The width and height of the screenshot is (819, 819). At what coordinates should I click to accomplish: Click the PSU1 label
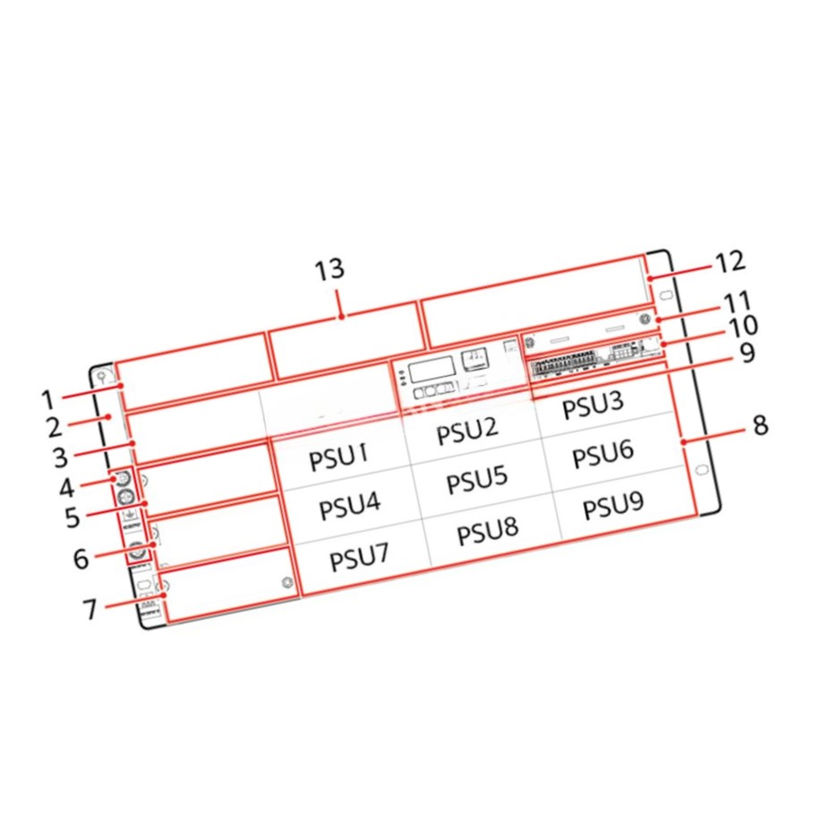338,457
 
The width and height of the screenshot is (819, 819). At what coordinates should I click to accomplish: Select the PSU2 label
467,431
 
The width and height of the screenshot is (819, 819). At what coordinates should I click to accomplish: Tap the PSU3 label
593,405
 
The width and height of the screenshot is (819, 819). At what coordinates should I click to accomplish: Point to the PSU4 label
349,506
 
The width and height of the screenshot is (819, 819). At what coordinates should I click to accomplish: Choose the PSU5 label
477,480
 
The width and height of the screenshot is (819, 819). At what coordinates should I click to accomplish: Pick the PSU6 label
603,454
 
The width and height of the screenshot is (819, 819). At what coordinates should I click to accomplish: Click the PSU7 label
359,558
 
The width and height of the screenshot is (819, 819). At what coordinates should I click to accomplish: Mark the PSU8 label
488,531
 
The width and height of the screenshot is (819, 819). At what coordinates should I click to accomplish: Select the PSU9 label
613,505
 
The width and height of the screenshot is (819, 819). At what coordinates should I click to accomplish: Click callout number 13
329,269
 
